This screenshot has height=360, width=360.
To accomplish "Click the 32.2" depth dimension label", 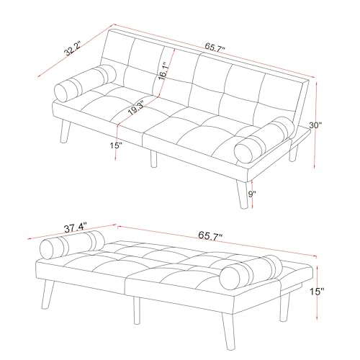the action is tap(73, 49).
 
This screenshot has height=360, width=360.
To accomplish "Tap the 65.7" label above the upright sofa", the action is tap(215, 47).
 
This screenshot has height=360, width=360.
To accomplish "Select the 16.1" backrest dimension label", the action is tap(163, 71).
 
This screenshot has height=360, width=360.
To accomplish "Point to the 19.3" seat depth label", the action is tap(135, 108).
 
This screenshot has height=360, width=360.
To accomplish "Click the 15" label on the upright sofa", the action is tap(116, 145).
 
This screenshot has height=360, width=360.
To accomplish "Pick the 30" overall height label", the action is tap(315, 125).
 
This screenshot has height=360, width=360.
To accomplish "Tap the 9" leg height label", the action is tap(252, 194).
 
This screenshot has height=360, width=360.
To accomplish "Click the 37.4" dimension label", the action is tap(76, 228).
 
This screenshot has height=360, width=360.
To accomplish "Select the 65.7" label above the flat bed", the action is tap(210, 235).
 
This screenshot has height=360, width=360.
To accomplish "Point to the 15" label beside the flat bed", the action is tap(317, 292).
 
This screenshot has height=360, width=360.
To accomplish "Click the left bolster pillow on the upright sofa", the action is tap(86, 83).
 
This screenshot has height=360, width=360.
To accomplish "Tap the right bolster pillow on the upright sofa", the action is tap(264, 140).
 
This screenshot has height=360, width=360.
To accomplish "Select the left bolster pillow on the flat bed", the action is tap(73, 245).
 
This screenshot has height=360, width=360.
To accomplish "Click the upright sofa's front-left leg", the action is tap(65, 132).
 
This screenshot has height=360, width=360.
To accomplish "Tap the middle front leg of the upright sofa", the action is tap(153, 159).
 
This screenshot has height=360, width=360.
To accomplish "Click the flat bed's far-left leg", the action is tap(48, 294).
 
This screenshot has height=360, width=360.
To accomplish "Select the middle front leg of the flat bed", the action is tap(137, 310).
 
